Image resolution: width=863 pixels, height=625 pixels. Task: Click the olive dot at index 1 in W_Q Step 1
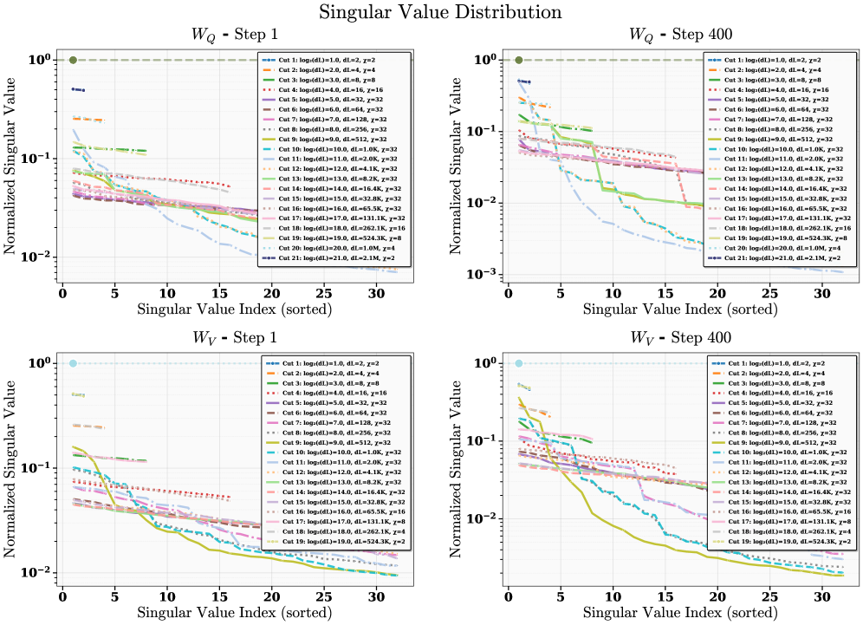click(x=74, y=60)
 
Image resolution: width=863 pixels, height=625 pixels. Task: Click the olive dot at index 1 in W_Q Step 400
click(x=518, y=60)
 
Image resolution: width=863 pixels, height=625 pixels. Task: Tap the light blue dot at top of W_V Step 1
click(x=74, y=363)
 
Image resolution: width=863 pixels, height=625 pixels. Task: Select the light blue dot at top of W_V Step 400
click(x=518, y=363)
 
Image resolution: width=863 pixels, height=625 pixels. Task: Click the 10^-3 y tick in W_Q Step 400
click(x=481, y=274)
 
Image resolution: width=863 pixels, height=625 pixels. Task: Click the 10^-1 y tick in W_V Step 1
click(x=36, y=468)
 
